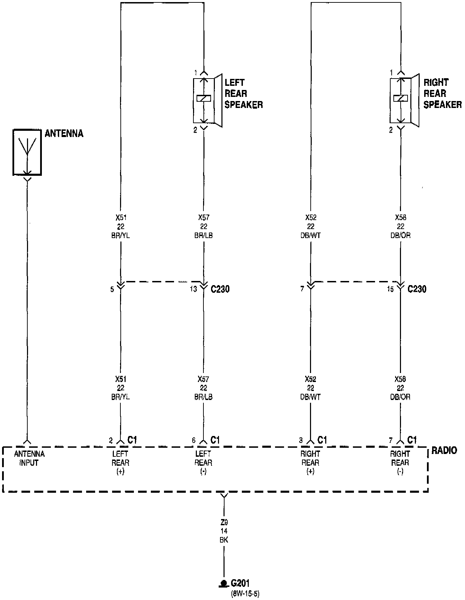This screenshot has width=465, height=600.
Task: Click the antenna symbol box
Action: (x=27, y=152)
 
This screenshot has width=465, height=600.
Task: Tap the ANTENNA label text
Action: (x=64, y=134)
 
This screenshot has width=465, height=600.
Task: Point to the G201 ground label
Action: (x=240, y=583)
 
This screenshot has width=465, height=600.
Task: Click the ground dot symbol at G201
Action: (x=224, y=584)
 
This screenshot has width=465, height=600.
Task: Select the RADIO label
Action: (x=444, y=450)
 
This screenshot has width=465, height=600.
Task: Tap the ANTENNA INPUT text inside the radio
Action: (x=29, y=458)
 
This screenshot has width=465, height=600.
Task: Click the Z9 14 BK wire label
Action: (x=224, y=531)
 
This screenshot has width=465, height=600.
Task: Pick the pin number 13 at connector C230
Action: (x=193, y=289)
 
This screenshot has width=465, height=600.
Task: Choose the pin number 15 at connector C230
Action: (x=390, y=289)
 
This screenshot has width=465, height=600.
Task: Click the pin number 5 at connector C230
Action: (x=112, y=289)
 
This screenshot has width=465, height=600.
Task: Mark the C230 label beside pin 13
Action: (x=220, y=289)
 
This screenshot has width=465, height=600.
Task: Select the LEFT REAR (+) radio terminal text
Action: (x=120, y=463)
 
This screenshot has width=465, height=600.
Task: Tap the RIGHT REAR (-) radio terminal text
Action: (x=400, y=463)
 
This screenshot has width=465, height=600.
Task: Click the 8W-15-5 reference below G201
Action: (x=245, y=594)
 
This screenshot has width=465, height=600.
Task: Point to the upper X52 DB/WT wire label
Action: (x=311, y=226)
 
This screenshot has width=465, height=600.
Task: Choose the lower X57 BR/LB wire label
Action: (x=203, y=388)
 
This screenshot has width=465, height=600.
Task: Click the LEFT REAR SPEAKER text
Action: (x=243, y=93)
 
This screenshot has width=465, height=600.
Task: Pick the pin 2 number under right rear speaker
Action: (x=391, y=130)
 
